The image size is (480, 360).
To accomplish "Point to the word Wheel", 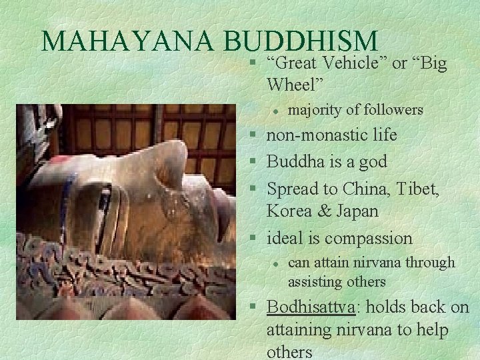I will pos(294,85).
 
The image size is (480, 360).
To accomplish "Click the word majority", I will pos(315,109).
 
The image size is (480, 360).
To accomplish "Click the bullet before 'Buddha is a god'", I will pos(257,162).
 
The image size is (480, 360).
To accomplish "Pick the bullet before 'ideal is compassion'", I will pos(257,238).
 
